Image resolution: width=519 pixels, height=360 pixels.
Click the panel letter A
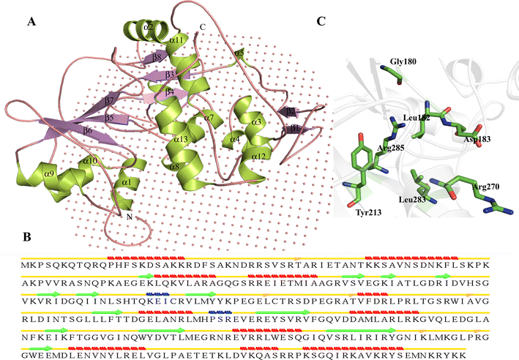coord(31,22)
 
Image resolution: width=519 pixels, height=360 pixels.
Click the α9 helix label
coord(49,174)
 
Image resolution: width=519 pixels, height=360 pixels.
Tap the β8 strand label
coord(156,56)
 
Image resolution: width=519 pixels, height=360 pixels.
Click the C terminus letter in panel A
coord(202,28)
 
